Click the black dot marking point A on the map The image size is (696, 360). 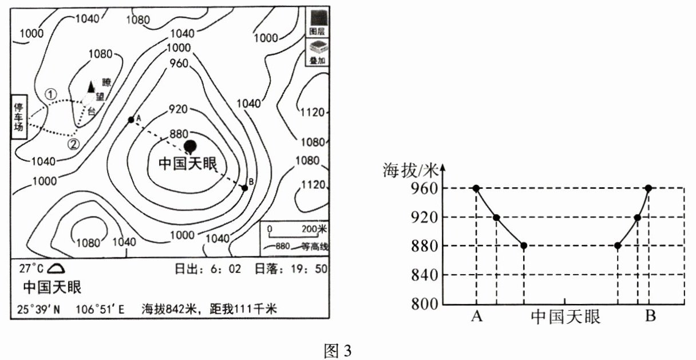click(x=131, y=119)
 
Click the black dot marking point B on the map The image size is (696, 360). click(x=244, y=188)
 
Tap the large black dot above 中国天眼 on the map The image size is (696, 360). click(x=190, y=146)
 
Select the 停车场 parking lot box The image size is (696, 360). click(x=19, y=117)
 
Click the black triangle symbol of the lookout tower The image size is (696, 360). click(x=90, y=86)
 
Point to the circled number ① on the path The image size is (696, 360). click(x=52, y=93)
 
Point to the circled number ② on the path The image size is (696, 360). click(x=74, y=144)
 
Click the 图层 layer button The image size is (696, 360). click(x=317, y=23)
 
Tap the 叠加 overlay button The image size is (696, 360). click(x=317, y=52)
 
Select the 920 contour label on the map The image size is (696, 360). click(x=179, y=109)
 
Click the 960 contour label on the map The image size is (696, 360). click(x=179, y=64)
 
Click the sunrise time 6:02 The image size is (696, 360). click(x=230, y=268)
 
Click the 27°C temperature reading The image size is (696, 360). click(x=31, y=268)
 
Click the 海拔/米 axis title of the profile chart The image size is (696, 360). click(x=412, y=169)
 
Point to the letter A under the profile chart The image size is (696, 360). click(x=476, y=316)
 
